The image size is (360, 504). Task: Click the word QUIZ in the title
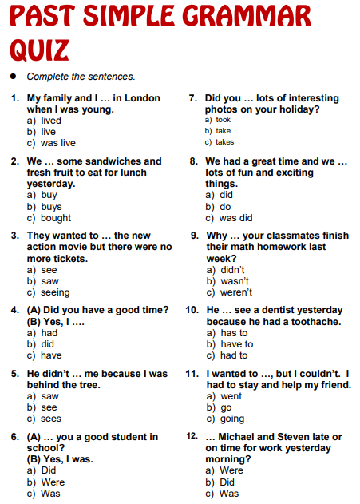pos(39,50)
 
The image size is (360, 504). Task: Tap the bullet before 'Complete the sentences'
pos(13,77)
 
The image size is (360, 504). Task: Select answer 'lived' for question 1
pos(51,121)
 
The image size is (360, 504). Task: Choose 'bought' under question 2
pos(56,217)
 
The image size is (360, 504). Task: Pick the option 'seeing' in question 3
pos(55,292)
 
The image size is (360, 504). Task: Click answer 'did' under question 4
pos(49,344)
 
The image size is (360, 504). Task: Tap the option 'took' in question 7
pos(223,120)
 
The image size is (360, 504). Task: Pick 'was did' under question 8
pos(235,217)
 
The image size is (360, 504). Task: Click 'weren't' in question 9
pos(235,292)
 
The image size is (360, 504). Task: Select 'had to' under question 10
pos(233,355)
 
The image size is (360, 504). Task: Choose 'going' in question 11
pos(233,419)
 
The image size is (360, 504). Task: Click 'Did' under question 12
pos(227,482)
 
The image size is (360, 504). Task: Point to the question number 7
pos(192,98)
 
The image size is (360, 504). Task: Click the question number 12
pos(192,436)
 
